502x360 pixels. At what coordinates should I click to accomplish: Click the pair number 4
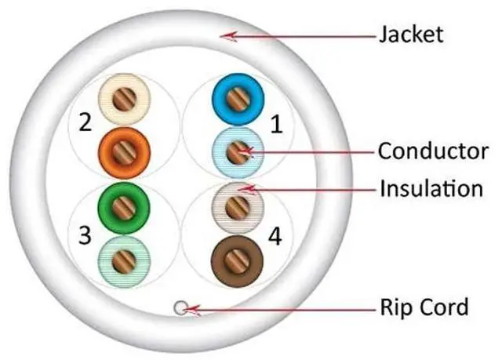275,233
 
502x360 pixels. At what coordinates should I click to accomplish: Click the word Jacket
410,35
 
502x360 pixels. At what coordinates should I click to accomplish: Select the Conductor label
432,151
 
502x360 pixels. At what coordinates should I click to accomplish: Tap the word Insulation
431,189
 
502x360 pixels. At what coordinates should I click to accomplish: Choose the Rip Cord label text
423,306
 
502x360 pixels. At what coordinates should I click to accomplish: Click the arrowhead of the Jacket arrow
224,35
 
